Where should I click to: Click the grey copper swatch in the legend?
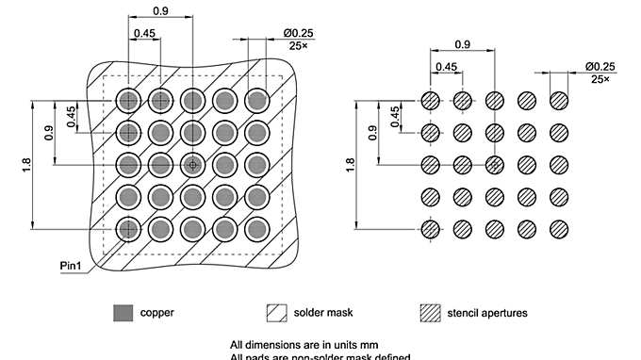tap(122, 312)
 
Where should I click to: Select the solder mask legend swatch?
tap(276, 312)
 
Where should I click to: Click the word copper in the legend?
tap(156, 312)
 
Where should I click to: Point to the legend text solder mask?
tap(323, 312)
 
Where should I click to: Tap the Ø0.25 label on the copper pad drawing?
tap(298, 33)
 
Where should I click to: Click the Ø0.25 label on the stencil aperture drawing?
tap(600, 65)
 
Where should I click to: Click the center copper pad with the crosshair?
tap(192, 164)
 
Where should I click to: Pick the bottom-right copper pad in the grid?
tap(256, 228)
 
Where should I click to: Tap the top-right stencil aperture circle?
tap(559, 100)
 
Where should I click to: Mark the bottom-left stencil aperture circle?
tap(431, 228)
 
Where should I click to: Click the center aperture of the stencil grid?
tap(495, 164)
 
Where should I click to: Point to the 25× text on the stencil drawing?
tap(600, 79)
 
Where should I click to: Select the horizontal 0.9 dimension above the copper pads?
tap(160, 10)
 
